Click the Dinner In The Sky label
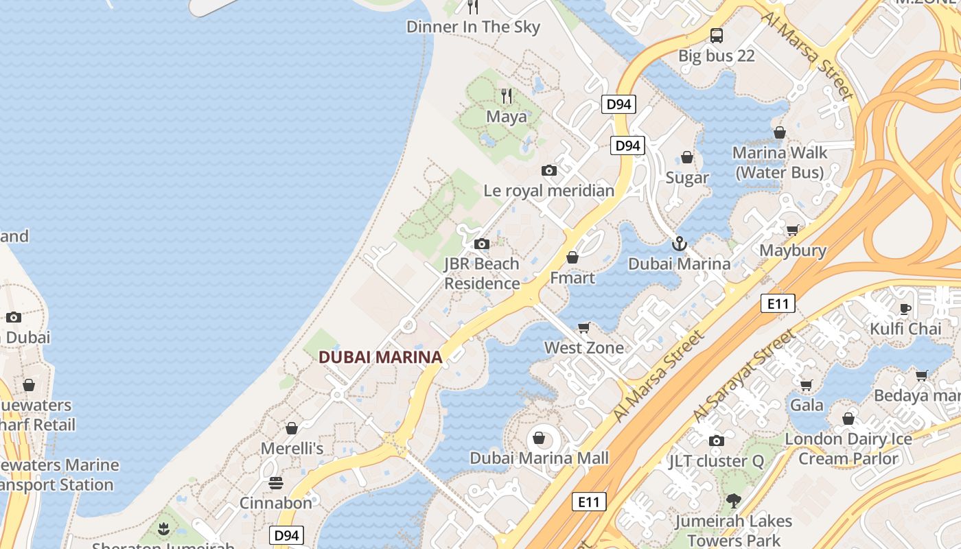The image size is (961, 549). point(473,27)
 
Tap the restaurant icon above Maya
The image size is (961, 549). point(507,96)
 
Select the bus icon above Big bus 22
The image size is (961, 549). point(716,35)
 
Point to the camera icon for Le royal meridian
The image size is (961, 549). point(549,170)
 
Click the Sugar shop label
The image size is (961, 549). point(686,178)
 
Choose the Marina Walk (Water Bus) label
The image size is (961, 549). point(780,163)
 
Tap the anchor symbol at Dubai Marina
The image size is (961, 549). point(679,244)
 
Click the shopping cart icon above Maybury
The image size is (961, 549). point(793,231)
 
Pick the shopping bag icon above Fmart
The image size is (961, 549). point(572,257)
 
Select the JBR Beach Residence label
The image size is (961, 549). point(482,273)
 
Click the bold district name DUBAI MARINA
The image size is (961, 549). point(380,357)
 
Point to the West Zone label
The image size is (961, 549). point(584,348)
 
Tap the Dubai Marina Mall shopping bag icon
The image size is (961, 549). point(539,438)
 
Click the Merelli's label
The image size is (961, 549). point(292,449)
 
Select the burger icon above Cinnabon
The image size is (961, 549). point(276,483)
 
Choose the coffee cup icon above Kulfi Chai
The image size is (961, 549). point(905,309)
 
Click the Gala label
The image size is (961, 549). point(807,405)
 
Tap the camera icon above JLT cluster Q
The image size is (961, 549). point(717,441)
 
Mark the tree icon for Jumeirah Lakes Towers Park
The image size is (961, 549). point(733,501)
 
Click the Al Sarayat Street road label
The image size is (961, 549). point(745,375)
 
